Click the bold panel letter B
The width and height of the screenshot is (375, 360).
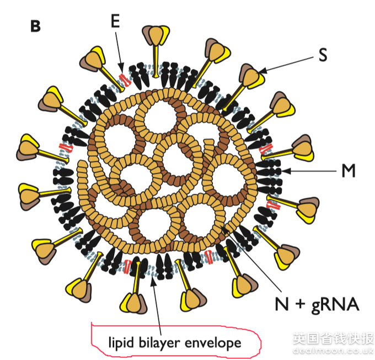point(35,26)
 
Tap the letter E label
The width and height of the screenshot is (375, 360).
point(115,21)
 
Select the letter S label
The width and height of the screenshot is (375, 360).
point(323,55)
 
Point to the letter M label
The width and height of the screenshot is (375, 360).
point(349,171)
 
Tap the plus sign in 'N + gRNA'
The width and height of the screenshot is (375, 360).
point(300,304)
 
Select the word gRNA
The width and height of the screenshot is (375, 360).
point(335,305)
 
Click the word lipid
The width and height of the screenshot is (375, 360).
point(121,343)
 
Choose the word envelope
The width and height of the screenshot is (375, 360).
point(213,343)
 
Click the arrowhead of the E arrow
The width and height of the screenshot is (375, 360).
point(121,67)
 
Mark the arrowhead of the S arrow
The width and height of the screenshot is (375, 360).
point(262,71)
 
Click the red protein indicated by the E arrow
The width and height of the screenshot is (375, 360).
point(125,80)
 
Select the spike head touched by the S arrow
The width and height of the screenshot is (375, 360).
point(251,76)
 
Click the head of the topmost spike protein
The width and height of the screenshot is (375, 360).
point(156,35)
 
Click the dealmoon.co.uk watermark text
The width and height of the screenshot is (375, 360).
point(334,351)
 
